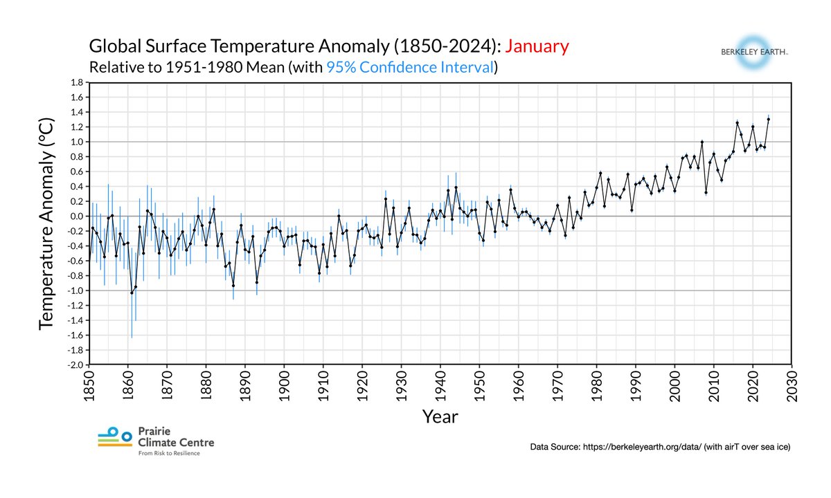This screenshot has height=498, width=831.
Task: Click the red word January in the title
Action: tap(537, 47)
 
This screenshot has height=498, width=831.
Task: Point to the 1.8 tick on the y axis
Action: tap(77, 82)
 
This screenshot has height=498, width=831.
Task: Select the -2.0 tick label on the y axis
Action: tap(75, 365)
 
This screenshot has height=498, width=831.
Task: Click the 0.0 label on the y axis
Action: tap(77, 216)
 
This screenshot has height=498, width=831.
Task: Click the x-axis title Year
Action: tap(440, 416)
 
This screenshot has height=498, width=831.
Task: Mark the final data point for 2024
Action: tap(768, 119)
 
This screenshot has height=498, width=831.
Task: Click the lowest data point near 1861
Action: tap(132, 293)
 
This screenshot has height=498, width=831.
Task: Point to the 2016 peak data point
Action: tap(737, 122)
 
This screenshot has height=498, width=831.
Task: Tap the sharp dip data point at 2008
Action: tap(706, 192)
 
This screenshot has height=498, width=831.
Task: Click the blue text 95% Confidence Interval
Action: tap(410, 68)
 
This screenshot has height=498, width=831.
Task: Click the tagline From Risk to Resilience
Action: tap(169, 454)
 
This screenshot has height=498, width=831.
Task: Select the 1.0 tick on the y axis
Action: tap(77, 142)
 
